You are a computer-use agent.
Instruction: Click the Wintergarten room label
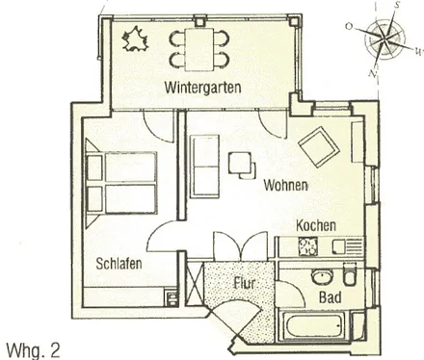(202, 88)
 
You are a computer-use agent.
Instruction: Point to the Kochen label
(316, 225)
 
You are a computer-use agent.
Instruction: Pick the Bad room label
(330, 297)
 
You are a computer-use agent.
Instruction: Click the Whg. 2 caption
(32, 349)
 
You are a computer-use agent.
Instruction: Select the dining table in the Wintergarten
(200, 47)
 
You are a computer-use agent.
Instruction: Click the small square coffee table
(238, 165)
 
